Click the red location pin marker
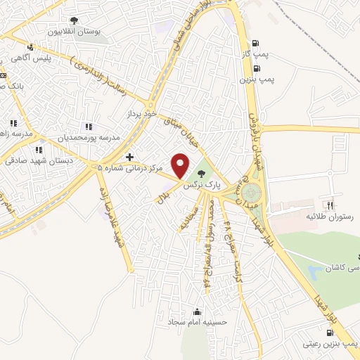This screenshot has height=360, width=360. click(181, 165)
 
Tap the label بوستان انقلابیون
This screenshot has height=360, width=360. click(75, 32)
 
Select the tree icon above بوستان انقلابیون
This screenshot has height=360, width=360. click(75, 21)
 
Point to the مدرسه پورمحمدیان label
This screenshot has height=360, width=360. click(89, 138)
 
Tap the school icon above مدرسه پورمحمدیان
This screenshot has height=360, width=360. click(89, 126)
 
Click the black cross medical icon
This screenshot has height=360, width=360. click(129, 156)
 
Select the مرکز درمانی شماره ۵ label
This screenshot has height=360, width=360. click(130, 169)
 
